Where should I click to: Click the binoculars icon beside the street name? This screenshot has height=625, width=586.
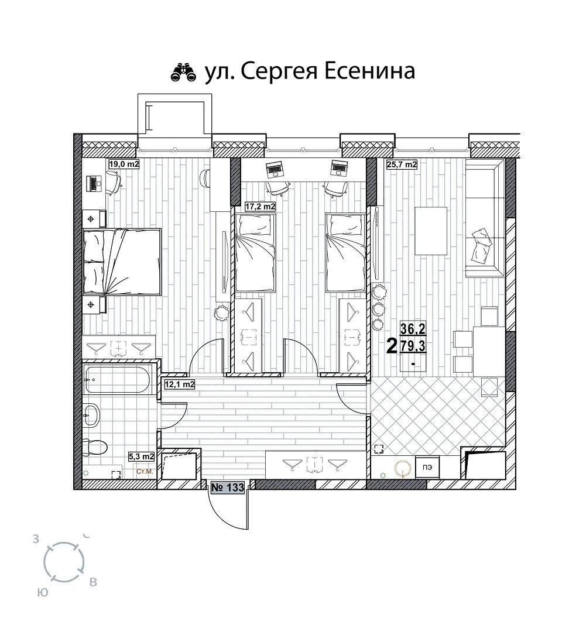click(x=184, y=72)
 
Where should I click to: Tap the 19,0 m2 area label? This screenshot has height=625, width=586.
click(x=124, y=164)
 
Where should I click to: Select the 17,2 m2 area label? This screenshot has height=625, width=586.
click(x=260, y=207)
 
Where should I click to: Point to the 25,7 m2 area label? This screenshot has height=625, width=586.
click(x=402, y=164)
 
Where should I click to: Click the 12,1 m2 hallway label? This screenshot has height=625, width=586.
click(x=180, y=384)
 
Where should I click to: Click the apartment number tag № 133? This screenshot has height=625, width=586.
click(x=227, y=487)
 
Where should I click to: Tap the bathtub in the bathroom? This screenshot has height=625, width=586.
click(x=117, y=379)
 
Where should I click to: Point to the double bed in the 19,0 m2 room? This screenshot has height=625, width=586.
click(x=122, y=262)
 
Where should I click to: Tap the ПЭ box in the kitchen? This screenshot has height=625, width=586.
click(x=427, y=467)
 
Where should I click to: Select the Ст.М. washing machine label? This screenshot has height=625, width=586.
click(x=145, y=472)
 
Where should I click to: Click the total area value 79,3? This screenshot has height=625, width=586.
click(x=413, y=346)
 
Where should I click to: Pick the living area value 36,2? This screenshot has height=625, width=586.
click(x=413, y=329)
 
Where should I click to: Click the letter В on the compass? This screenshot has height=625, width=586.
click(x=93, y=582)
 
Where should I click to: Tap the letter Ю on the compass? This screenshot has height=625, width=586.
click(x=43, y=593)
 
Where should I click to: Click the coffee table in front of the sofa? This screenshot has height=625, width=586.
click(x=431, y=231)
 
